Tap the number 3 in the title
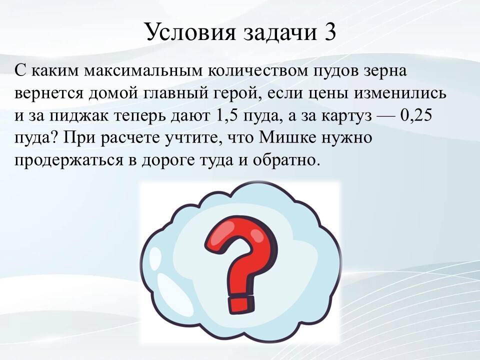(x=329, y=32)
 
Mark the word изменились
(x=400, y=93)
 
